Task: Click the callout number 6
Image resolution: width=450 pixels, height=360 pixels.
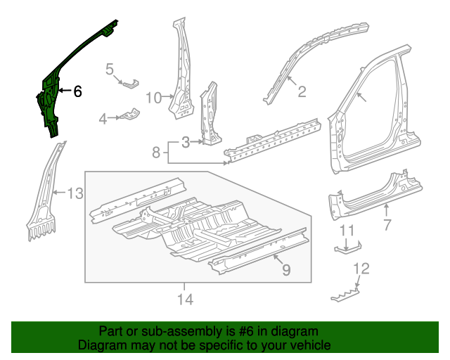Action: tap(77, 91)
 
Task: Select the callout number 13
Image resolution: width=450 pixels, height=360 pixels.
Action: tap(75, 193)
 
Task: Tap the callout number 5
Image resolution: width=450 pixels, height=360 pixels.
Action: tap(110, 68)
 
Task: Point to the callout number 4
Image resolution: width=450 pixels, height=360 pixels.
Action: tap(103, 119)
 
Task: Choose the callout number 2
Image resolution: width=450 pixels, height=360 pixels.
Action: tap(302, 91)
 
